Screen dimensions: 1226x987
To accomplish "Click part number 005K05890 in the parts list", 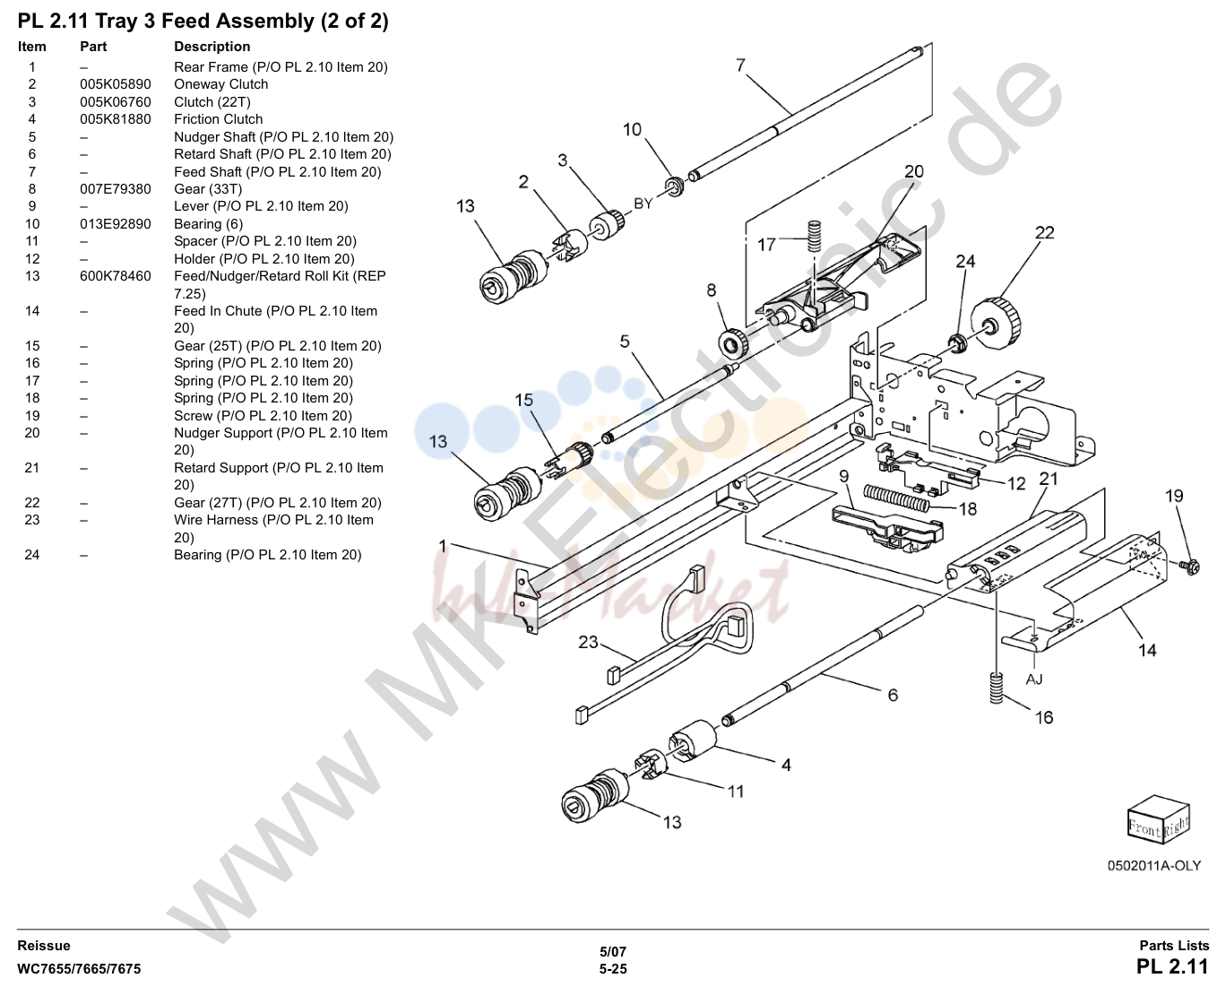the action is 115,84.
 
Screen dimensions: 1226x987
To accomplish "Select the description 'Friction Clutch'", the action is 218,119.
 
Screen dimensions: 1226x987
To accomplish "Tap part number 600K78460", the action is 115,276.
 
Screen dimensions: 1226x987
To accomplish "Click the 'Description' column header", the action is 212,46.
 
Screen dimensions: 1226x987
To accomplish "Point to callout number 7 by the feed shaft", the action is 740,65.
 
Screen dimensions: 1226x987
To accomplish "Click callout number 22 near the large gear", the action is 1044,232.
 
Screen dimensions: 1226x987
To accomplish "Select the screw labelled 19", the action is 1191,567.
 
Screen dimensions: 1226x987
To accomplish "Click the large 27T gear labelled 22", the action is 996,323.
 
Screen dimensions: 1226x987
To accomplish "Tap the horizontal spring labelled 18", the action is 896,497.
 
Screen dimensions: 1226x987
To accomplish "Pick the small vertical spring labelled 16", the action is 997,688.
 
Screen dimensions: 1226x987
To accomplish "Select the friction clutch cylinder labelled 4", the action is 692,740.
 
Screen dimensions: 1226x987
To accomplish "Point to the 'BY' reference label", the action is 643,203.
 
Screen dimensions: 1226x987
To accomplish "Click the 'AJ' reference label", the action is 1034,679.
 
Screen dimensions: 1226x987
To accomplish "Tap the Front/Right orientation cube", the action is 1158,818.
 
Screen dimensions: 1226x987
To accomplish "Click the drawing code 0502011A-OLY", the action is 1153,866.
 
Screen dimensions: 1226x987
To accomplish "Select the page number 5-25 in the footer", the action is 613,969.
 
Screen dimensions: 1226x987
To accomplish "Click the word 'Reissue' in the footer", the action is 44,946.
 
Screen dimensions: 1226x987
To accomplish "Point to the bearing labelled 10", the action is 675,186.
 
